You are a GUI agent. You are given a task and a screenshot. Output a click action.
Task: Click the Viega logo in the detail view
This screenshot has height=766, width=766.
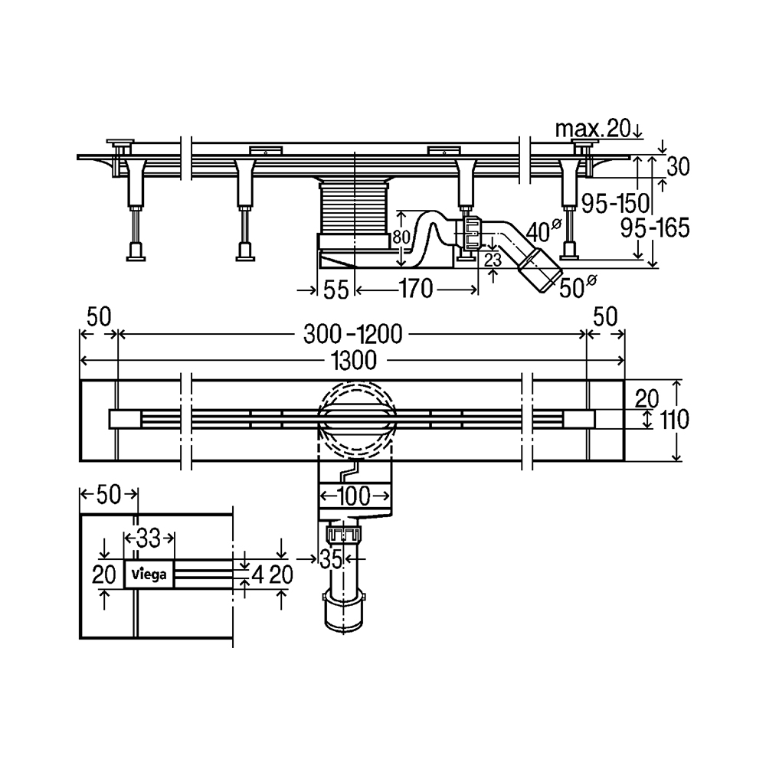pos(149,574)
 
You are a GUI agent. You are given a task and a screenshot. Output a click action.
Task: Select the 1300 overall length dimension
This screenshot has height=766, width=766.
pos(354,361)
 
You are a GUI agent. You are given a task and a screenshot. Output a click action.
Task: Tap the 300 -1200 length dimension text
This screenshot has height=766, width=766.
pos(352,335)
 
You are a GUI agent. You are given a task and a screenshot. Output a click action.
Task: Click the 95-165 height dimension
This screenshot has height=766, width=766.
pos(655,228)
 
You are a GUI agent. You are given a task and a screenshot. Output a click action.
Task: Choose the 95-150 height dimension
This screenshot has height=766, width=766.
pos(615,203)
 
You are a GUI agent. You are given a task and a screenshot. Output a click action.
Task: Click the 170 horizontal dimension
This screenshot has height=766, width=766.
pos(416,289)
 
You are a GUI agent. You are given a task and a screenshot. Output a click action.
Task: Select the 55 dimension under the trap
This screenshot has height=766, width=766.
pos(336,290)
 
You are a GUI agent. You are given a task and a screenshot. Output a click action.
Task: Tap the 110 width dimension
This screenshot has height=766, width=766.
pos(675,419)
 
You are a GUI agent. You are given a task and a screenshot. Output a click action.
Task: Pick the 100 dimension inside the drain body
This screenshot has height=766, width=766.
pos(354,497)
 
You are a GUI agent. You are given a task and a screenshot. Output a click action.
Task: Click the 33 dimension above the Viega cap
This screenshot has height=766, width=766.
pos(148,538)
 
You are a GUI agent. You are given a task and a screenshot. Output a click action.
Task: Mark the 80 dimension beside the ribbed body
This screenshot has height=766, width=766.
pos(401,238)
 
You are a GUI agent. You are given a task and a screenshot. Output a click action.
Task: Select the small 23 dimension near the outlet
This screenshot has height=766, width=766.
pos(492,260)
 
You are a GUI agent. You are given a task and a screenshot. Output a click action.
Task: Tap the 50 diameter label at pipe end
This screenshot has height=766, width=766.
pos(578,287)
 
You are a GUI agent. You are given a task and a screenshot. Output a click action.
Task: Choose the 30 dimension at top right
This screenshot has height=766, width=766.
pos(678,167)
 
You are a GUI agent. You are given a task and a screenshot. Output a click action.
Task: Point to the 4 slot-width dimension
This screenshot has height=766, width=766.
pos(258,575)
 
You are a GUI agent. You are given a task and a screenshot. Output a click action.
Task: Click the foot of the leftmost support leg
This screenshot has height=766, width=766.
pos(136,253)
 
